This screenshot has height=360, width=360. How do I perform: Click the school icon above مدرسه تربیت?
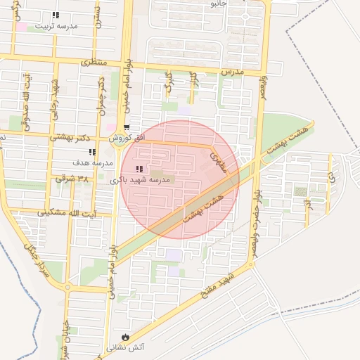point(56,15)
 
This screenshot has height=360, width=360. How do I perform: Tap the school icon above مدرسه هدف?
point(92,152)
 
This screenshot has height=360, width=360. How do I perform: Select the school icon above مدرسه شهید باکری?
point(139,169)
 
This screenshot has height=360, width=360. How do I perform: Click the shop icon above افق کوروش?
point(127,128)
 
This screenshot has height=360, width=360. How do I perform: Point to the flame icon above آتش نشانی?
point(126,337)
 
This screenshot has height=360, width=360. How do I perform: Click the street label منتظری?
point(95,63)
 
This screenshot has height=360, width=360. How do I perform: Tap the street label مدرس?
point(231,72)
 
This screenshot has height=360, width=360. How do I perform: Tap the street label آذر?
point(307,207)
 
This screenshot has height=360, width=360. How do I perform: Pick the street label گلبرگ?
point(167,82)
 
